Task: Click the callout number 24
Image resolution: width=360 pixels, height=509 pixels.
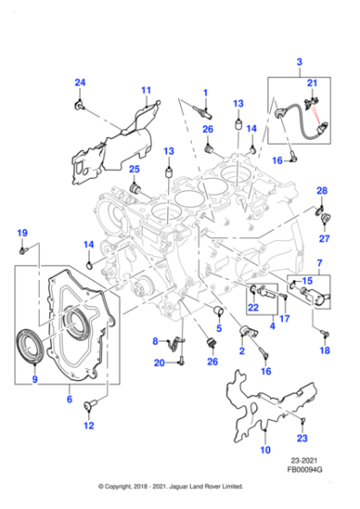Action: [x=80, y=84]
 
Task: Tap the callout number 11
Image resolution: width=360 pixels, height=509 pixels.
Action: [x=145, y=90]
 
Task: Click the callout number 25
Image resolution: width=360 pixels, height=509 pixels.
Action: [x=134, y=169]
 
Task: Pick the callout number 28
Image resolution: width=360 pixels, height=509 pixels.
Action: [x=321, y=190]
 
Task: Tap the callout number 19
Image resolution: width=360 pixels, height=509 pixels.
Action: [x=23, y=233]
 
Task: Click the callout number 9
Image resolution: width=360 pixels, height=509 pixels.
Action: [x=35, y=380]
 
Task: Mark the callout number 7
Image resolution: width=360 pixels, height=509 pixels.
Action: [x=319, y=263]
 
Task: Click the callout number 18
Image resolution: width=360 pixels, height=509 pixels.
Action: [x=325, y=350]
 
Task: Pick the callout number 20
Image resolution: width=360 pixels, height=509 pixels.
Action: [x=159, y=364]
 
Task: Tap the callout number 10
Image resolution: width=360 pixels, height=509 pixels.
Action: [x=265, y=450]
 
